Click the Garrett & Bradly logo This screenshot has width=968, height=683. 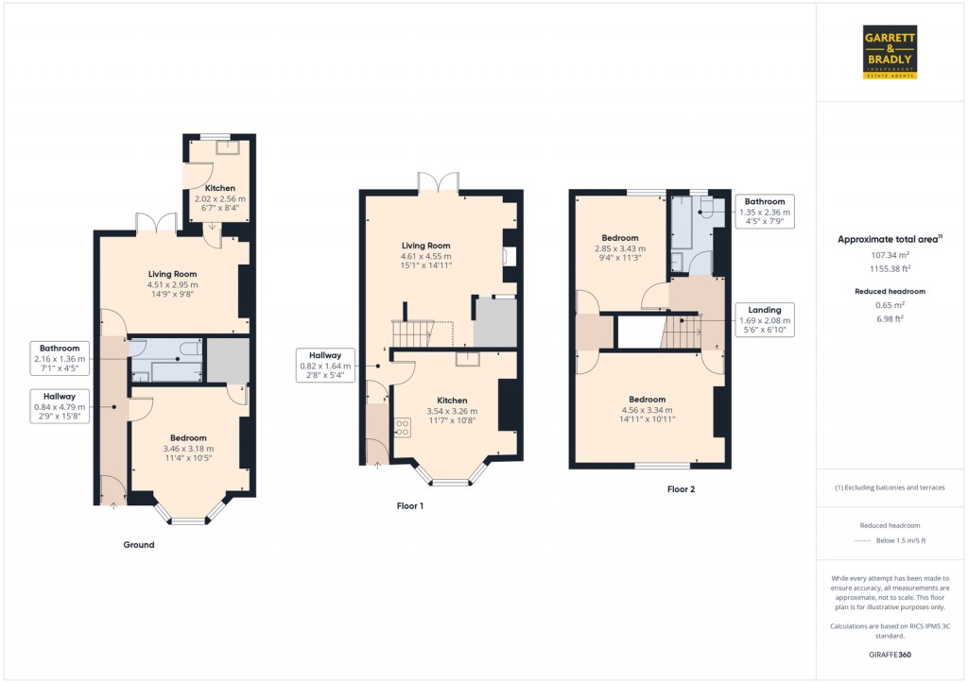(890, 52)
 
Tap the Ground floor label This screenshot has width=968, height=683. (139, 545)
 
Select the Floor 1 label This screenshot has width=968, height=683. (410, 506)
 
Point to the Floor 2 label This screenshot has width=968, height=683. (681, 489)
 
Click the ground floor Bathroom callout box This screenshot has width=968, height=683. (60, 358)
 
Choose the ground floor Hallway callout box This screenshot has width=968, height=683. (60, 406)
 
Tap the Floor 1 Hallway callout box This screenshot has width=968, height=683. (325, 366)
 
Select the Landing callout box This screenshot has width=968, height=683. (765, 319)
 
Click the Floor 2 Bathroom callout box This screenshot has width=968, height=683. (765, 211)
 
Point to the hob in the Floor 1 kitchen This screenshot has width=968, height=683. (403, 428)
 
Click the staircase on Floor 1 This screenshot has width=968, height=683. (413, 333)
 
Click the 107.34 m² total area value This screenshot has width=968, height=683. (890, 255)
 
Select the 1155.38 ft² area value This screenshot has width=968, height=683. (890, 269)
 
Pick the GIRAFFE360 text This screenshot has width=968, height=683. (890, 655)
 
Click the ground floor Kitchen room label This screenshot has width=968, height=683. (219, 188)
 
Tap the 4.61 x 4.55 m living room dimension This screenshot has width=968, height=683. (426, 256)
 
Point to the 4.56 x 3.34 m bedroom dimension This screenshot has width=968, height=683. (647, 410)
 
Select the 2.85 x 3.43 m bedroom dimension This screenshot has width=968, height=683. (620, 248)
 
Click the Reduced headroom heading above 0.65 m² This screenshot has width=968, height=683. (890, 291)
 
